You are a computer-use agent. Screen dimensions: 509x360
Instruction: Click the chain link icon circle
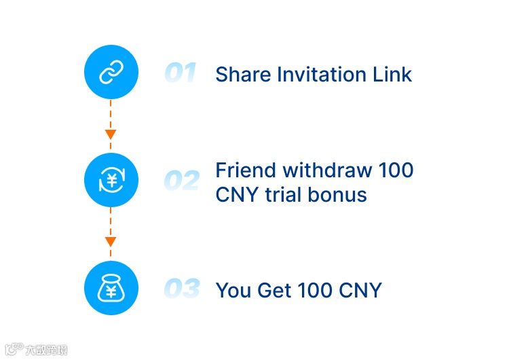111,72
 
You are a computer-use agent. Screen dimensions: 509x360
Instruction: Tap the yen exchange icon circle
111,180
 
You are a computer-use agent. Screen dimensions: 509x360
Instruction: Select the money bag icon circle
111,289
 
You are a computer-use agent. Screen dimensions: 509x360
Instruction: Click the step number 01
181,73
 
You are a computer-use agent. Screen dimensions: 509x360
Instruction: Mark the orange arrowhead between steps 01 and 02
111,134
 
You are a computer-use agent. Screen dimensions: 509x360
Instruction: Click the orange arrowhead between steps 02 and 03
111,242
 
